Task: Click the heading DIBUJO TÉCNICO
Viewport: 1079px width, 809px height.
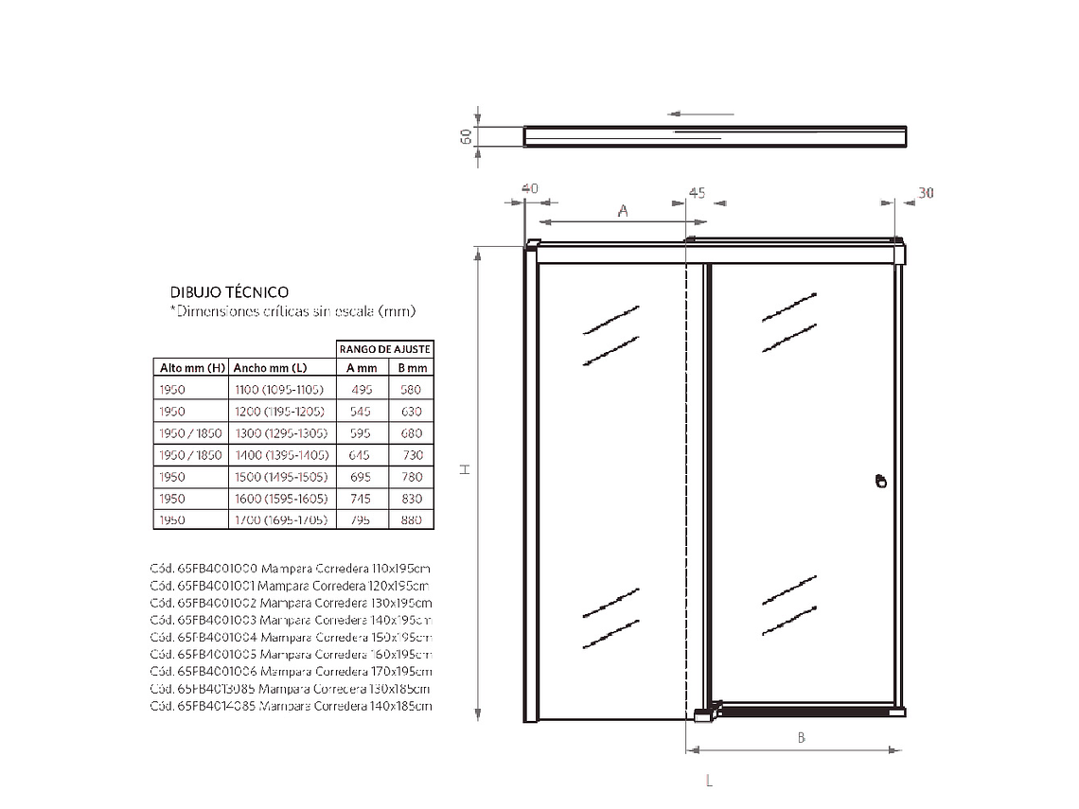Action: point(229,292)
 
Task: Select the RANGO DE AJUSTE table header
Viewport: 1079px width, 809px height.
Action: point(385,349)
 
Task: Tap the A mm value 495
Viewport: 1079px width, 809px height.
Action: point(362,390)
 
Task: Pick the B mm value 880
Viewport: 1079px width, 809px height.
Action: point(411,520)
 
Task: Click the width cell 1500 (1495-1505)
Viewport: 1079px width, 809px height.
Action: point(280,477)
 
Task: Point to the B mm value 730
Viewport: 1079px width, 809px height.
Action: point(411,455)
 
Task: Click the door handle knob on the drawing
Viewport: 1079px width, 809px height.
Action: point(880,481)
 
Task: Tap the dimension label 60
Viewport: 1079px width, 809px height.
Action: point(466,136)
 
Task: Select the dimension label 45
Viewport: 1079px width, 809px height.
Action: point(696,192)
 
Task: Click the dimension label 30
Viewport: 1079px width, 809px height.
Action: point(926,193)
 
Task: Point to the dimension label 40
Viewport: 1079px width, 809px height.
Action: point(529,188)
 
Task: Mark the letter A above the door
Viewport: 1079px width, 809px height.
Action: point(623,211)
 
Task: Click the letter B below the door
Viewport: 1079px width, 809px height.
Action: point(801,737)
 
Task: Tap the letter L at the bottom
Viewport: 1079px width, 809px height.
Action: point(708,781)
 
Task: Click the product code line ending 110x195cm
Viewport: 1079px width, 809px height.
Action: point(291,569)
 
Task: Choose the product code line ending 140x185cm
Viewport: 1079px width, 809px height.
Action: point(291,706)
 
